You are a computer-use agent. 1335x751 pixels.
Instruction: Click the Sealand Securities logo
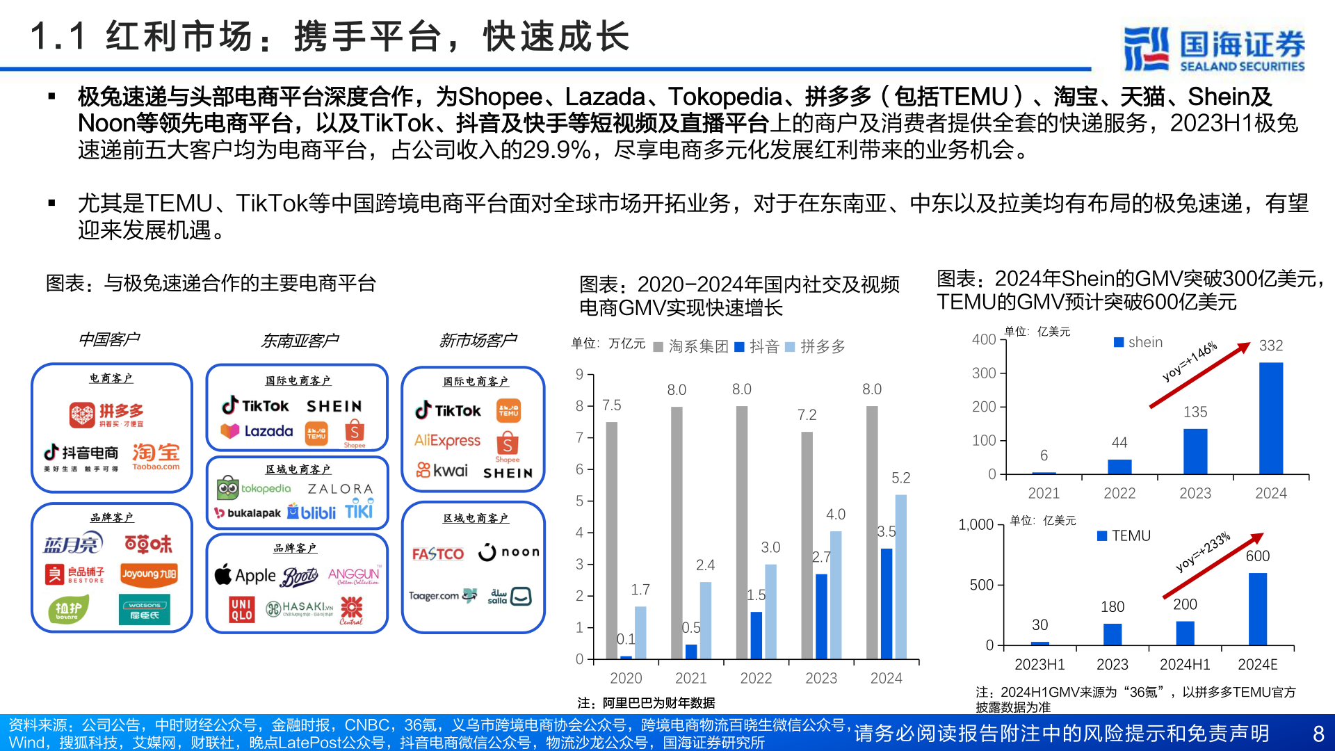pyautogui.click(x=1214, y=49)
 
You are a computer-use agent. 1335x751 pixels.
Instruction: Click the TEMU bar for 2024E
pyautogui.click(x=1257, y=608)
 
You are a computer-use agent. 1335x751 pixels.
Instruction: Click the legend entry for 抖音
pyautogui.click(x=756, y=346)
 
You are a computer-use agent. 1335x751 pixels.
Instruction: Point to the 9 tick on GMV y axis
pyautogui.click(x=579, y=375)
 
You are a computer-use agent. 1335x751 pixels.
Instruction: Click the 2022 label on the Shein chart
pyautogui.click(x=1119, y=493)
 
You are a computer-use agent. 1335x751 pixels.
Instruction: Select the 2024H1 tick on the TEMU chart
pyautogui.click(x=1185, y=664)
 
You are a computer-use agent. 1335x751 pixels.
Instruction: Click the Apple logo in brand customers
pyautogui.click(x=245, y=576)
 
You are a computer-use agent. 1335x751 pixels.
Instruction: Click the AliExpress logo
pyautogui.click(x=447, y=440)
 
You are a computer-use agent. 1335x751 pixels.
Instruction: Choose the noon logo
pyautogui.click(x=509, y=552)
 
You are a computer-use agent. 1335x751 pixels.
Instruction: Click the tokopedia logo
pyautogui.click(x=254, y=489)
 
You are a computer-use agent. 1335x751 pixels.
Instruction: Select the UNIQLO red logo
pyautogui.click(x=241, y=610)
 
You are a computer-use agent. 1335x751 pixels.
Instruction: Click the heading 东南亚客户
pyautogui.click(x=299, y=341)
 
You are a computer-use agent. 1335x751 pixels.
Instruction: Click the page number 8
pyautogui.click(x=1318, y=734)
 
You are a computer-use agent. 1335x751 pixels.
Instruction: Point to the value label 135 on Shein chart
pyautogui.click(x=1195, y=412)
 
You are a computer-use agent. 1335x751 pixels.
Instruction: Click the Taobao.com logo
pyautogui.click(x=156, y=457)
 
